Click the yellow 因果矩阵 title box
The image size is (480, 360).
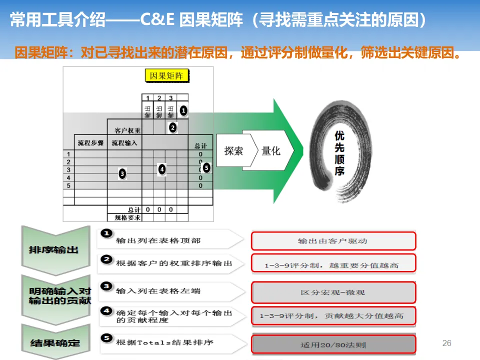coord(166,76)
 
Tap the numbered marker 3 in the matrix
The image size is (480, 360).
coord(122,173)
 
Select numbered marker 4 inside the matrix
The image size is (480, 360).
coord(161,169)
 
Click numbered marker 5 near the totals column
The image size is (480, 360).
coord(206,168)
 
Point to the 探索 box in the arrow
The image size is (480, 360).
coord(233,150)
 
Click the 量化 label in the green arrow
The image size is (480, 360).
coord(271,150)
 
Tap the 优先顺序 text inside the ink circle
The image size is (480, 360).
coord(339,153)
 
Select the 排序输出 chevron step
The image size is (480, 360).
coord(53,249)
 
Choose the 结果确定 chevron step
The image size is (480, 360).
coord(53,343)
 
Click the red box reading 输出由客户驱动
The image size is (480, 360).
coord(333,241)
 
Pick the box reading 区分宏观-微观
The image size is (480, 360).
coord(333,292)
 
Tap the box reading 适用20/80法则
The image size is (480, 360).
coord(333,344)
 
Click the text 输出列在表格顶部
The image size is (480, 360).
coord(158,240)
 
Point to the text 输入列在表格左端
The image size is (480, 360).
coord(158,290)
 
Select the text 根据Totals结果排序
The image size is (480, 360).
coord(164,342)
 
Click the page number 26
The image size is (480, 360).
coord(447,343)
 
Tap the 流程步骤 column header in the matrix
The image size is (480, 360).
coord(90,143)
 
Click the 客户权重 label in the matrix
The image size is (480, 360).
coord(127,131)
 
